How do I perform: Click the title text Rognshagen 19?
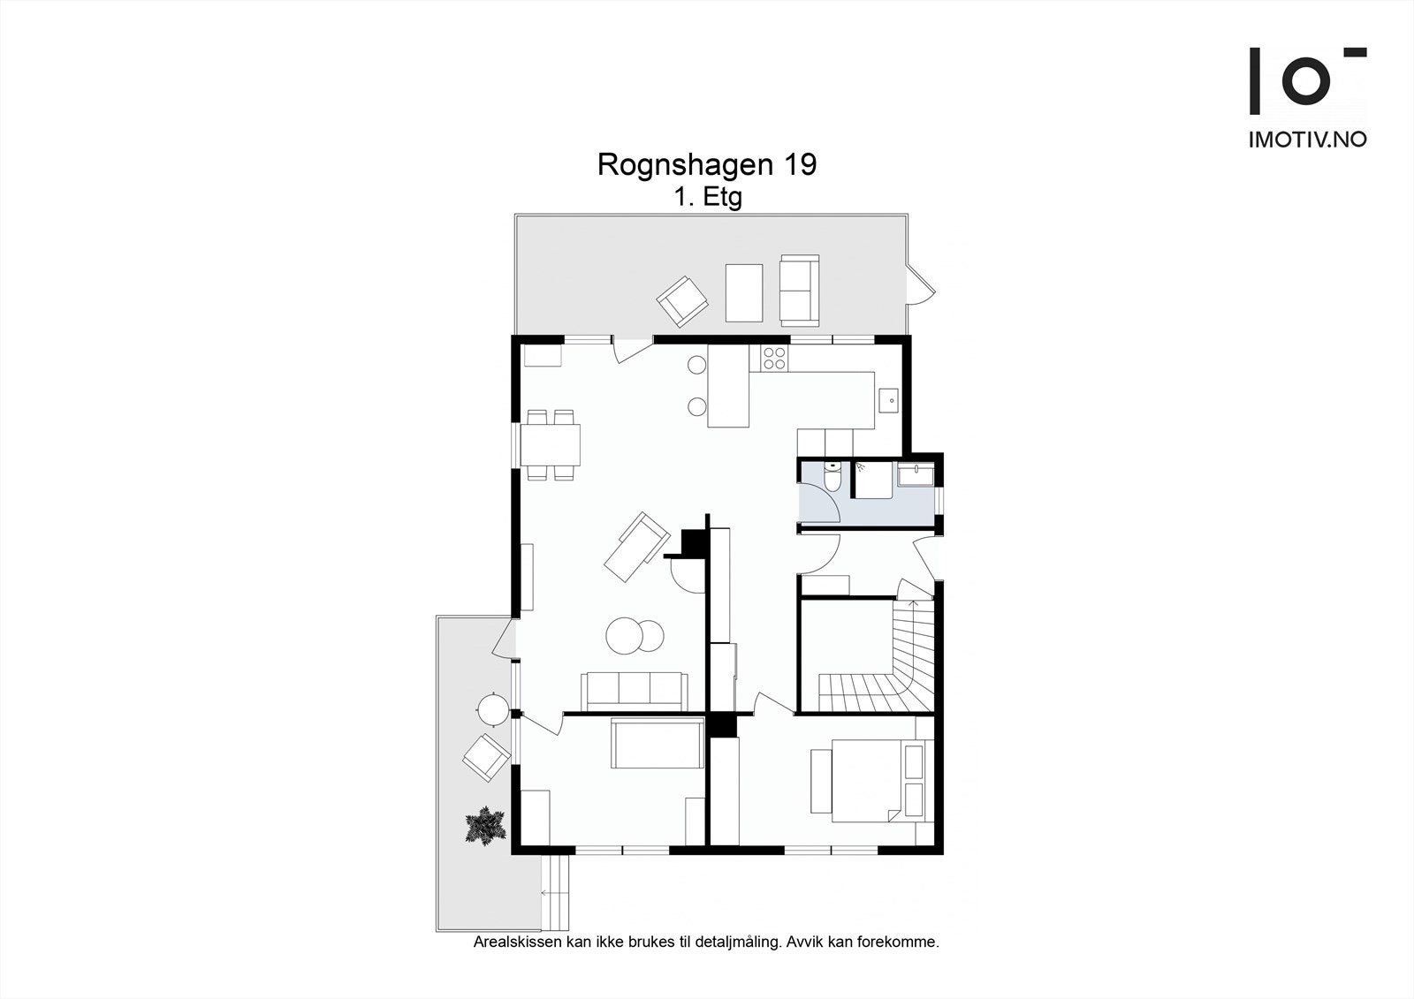click(707, 164)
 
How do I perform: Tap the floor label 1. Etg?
click(708, 198)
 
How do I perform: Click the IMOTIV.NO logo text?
click(1308, 140)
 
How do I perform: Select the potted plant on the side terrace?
click(486, 826)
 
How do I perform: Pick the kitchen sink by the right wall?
click(889, 399)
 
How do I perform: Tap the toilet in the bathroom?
click(832, 477)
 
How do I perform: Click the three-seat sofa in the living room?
click(634, 691)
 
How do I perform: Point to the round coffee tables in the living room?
click(635, 635)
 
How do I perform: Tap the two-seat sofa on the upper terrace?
click(799, 291)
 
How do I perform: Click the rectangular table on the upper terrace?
click(743, 293)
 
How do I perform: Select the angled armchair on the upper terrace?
click(681, 302)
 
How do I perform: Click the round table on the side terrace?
click(492, 710)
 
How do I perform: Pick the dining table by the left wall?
click(550, 445)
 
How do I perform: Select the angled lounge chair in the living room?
click(636, 547)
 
